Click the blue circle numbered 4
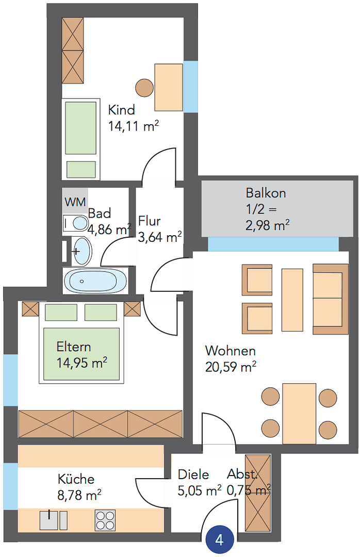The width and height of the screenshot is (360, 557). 220,540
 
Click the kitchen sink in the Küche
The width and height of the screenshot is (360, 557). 50,520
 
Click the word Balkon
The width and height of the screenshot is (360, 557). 266,193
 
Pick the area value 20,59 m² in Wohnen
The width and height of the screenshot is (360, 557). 231,367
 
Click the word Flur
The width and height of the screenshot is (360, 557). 150,221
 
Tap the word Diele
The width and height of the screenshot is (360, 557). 193,474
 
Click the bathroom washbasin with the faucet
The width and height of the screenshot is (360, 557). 81,251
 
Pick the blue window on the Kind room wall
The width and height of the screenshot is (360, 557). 190,87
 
